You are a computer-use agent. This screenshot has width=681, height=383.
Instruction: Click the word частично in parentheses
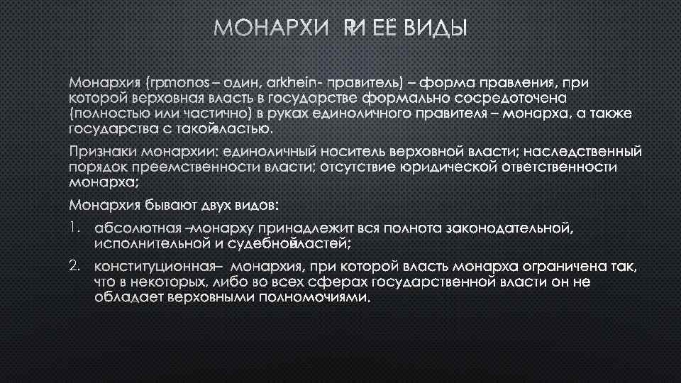click(213, 114)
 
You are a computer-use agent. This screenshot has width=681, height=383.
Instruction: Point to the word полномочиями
click(311, 297)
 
